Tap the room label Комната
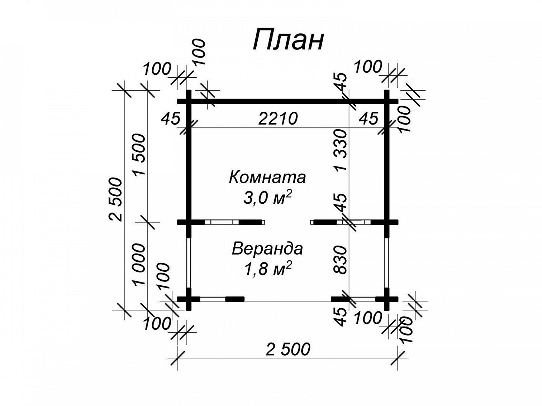pos(267,177)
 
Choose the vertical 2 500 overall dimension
pos(115,199)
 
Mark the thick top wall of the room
pos(288,101)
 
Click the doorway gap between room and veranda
pos(287,222)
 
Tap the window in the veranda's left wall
pos(189,262)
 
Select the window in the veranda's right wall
pos(387,262)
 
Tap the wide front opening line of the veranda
pos(287,301)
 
